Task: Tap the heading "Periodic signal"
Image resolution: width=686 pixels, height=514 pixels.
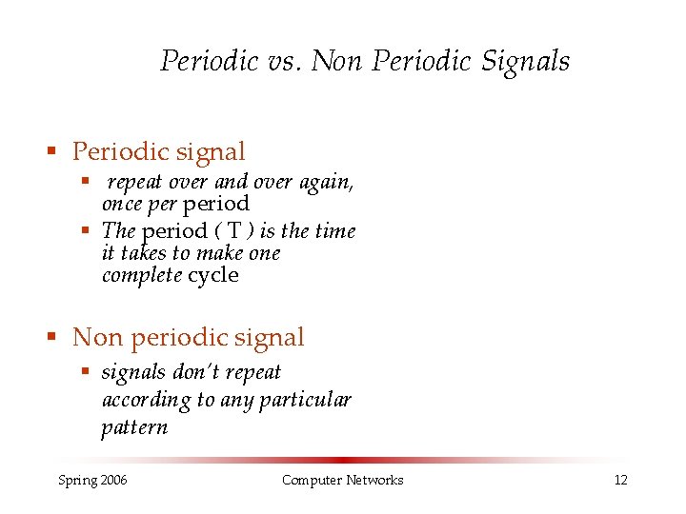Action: (158, 151)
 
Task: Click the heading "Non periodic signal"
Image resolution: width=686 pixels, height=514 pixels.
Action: (188, 337)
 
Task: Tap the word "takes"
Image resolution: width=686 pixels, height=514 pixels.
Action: (142, 254)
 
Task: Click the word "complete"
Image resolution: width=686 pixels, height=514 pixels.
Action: (142, 276)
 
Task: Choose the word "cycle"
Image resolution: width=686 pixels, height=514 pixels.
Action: (213, 276)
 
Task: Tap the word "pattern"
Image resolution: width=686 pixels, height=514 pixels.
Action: (134, 427)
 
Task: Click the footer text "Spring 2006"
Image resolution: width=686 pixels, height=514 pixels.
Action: (92, 480)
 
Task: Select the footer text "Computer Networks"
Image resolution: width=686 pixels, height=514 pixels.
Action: (342, 480)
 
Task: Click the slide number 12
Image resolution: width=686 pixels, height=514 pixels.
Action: (620, 480)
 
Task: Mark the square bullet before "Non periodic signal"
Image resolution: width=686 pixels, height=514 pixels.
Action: (55, 338)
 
